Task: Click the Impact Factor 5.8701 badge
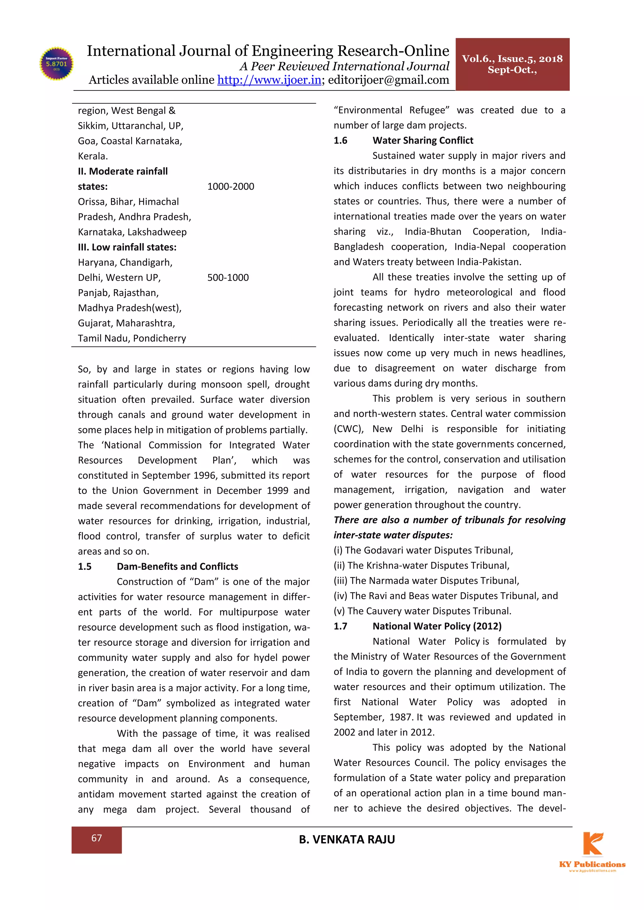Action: point(57,63)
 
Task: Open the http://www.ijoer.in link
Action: point(269,80)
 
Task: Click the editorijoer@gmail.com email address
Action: point(388,80)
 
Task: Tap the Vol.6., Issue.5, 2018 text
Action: point(512,59)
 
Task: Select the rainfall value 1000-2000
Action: point(230,186)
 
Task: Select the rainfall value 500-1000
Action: point(228,277)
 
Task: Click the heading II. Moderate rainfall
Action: point(123,171)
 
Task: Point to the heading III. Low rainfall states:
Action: point(127,247)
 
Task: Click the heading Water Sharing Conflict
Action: point(423,140)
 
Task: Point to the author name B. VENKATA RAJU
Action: point(347,839)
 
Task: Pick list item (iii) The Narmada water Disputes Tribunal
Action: point(426,581)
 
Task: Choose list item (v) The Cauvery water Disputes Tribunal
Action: point(422,611)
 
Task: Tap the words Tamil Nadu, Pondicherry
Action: point(132,338)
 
